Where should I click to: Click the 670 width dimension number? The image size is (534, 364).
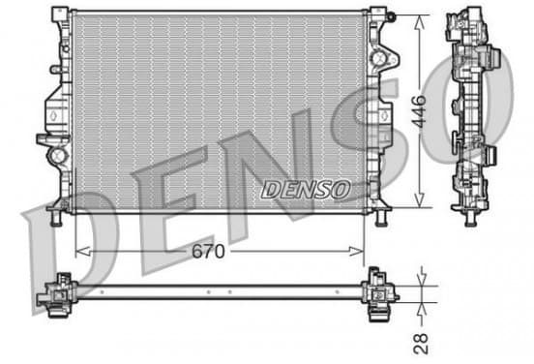point(208,252)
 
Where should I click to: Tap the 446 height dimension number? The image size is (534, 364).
point(419,111)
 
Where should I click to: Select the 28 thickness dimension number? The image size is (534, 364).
point(421,344)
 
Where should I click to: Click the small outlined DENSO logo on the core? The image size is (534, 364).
point(306,189)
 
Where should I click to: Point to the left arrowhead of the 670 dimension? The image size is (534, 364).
point(82,252)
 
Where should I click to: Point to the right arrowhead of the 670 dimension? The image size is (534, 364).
point(357,252)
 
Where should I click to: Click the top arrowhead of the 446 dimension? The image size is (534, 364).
point(420,22)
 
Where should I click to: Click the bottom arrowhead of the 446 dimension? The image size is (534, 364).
point(420,199)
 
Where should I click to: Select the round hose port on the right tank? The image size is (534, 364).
point(378,58)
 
